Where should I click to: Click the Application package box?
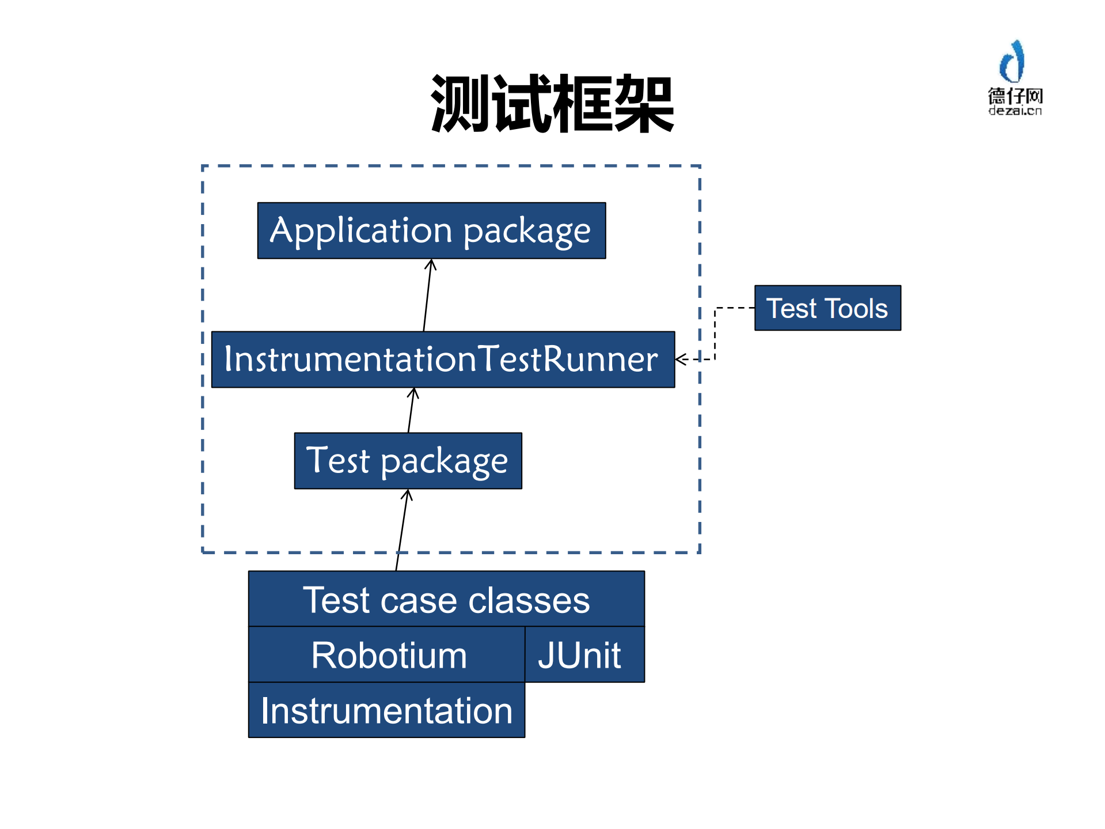tap(431, 230)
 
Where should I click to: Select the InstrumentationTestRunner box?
tap(443, 359)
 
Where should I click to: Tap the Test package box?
tap(408, 461)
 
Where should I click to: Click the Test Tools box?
tap(827, 308)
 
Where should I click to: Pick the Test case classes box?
tap(446, 599)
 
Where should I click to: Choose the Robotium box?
tap(388, 655)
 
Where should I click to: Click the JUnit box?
tap(584, 655)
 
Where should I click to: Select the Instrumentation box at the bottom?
tap(386, 710)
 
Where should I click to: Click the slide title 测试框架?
tap(552, 104)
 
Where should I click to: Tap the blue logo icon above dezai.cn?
tap(1013, 62)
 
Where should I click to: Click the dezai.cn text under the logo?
tap(1015, 111)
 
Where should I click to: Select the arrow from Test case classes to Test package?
tap(402, 530)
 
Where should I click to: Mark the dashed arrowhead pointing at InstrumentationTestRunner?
tap(681, 359)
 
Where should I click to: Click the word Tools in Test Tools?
tap(856, 308)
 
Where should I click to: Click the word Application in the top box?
tap(361, 230)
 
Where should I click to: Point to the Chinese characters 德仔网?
tap(1015, 96)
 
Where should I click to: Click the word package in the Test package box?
tap(444, 462)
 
